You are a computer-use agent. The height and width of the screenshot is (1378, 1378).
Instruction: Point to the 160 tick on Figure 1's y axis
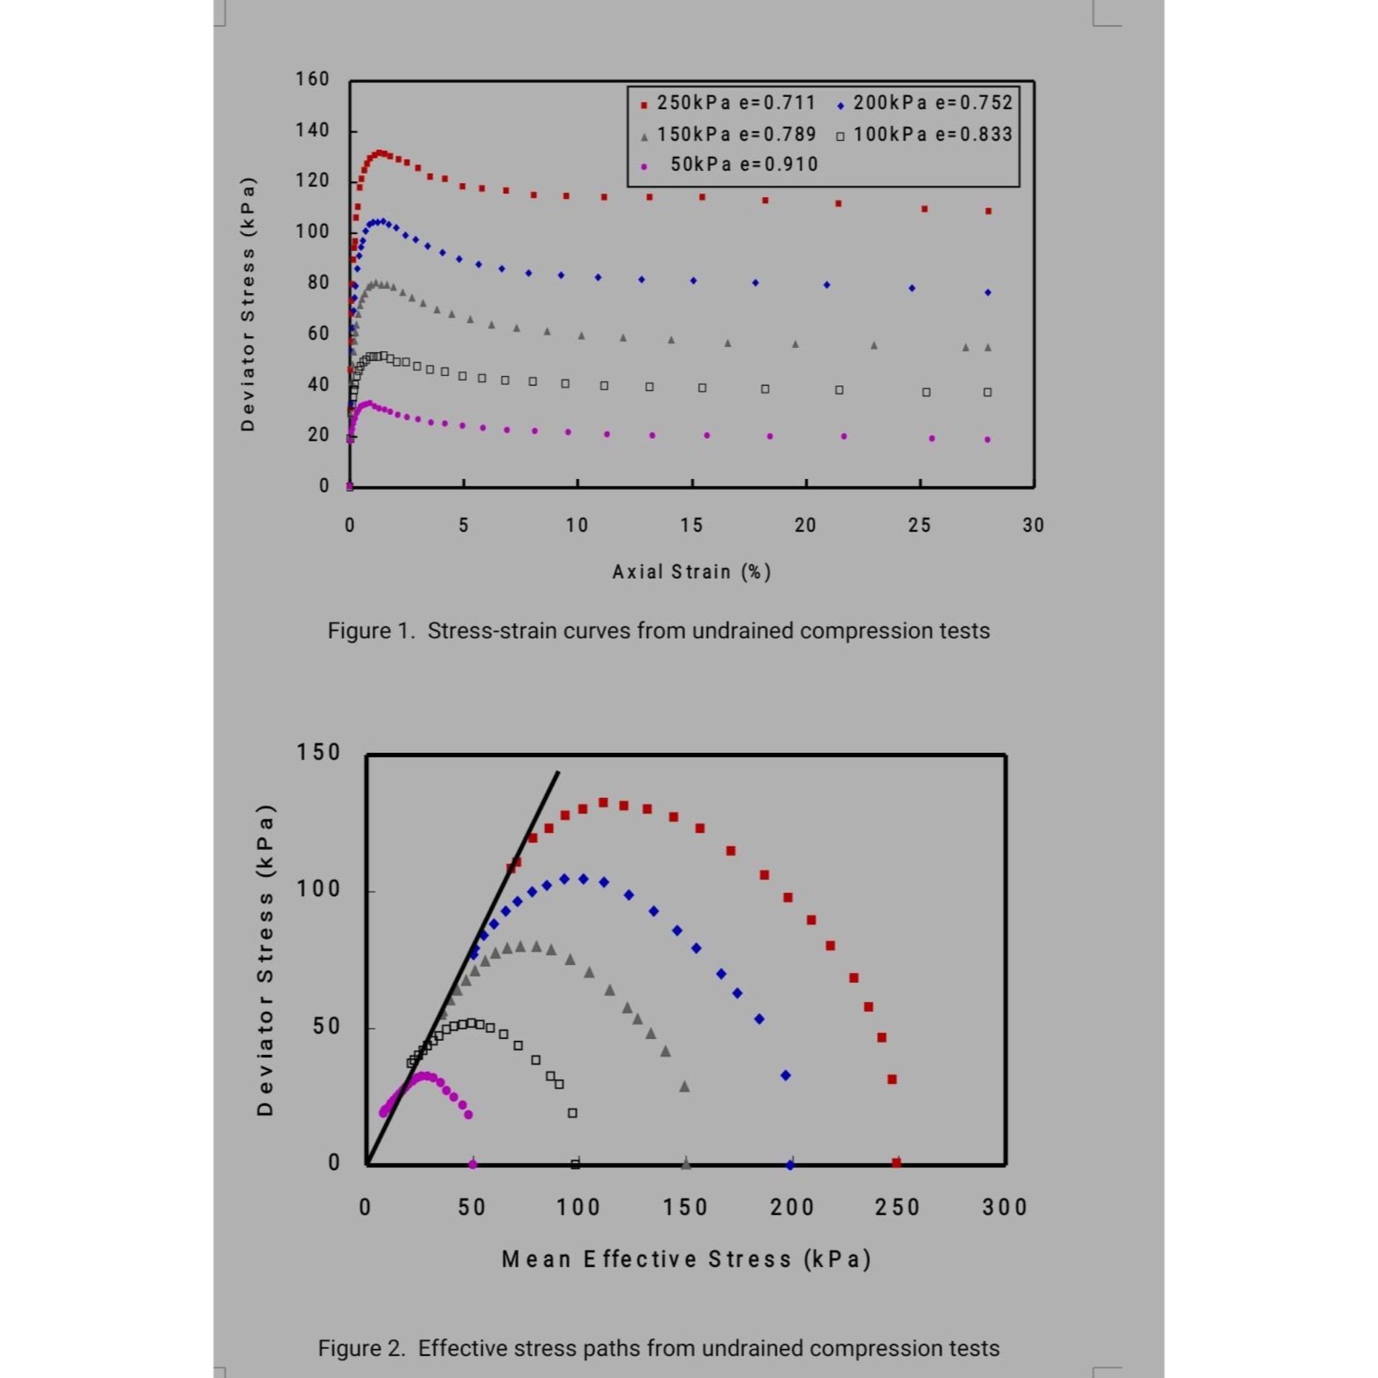tap(313, 79)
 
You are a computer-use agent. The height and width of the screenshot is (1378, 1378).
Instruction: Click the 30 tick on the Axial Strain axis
tap(1033, 525)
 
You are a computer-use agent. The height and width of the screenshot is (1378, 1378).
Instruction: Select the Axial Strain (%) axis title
tap(691, 572)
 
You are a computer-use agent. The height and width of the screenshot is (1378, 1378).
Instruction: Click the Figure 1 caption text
tap(658, 631)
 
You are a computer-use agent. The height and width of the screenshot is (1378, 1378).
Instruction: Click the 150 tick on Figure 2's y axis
tap(318, 752)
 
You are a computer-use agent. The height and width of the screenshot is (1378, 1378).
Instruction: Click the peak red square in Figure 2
tap(603, 803)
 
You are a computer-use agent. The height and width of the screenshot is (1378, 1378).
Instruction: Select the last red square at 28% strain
tap(988, 211)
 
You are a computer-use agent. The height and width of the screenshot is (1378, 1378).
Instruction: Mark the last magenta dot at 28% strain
tap(988, 439)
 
